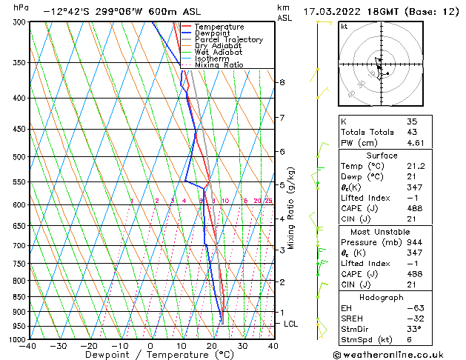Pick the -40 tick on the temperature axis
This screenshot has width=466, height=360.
pyautogui.click(x=28, y=345)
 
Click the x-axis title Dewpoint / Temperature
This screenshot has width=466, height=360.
pyautogui.click(x=151, y=355)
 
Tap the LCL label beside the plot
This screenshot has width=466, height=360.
pyautogui.click(x=290, y=324)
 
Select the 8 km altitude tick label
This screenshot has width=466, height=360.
pyautogui.click(x=282, y=82)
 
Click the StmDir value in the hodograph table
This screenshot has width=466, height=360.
pyautogui.click(x=413, y=328)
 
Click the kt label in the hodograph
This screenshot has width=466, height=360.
pyautogui.click(x=344, y=27)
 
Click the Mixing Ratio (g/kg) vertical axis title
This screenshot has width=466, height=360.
pyautogui.click(x=291, y=208)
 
